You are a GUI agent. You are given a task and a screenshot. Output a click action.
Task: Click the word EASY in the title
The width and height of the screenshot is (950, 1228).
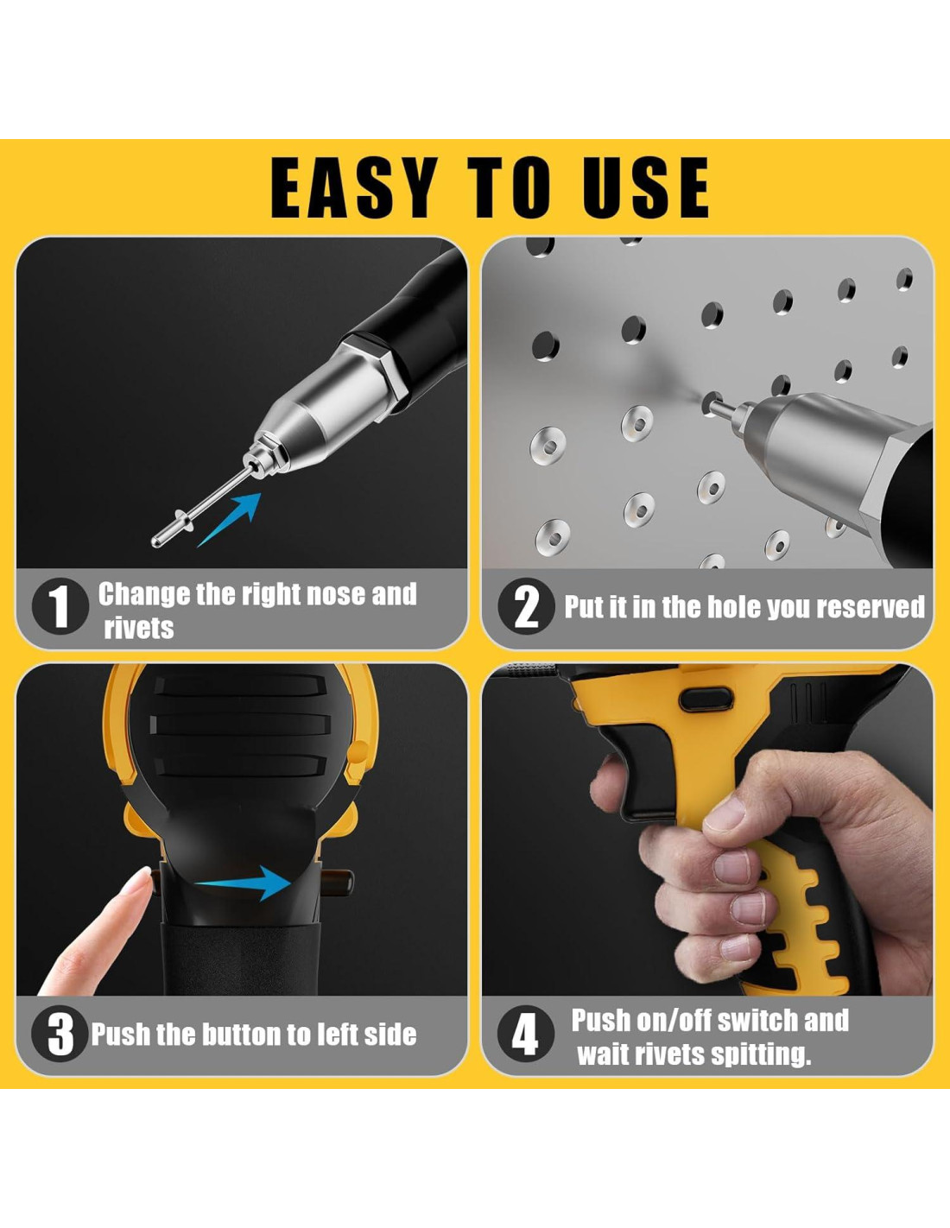coord(354,187)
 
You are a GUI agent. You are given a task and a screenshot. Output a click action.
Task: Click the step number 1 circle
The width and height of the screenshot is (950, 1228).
coord(60,607)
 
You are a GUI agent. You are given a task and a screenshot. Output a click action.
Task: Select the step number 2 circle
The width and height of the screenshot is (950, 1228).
coord(526,607)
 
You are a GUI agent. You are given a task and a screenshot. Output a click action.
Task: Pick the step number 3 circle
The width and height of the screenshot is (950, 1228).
coord(60,1035)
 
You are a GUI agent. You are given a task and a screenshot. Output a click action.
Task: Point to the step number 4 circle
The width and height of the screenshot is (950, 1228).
coord(526,1035)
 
